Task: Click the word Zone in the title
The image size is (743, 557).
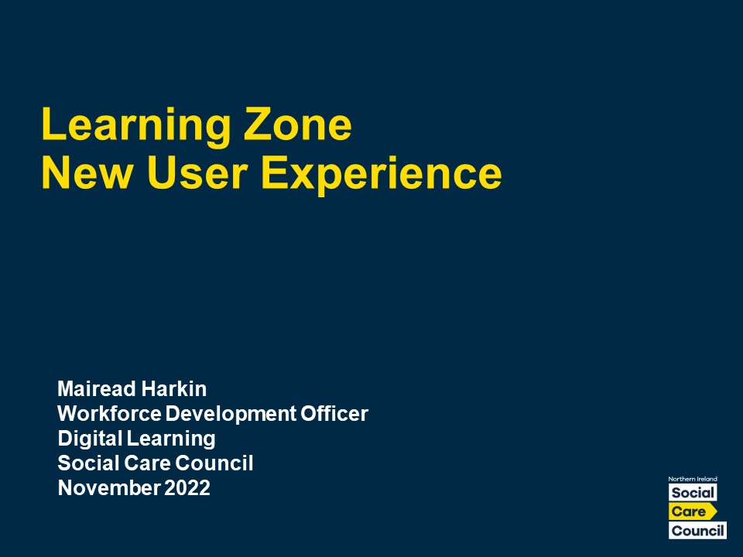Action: [298, 124]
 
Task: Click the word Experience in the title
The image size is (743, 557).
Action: [382, 176]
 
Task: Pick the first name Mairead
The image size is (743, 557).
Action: [96, 389]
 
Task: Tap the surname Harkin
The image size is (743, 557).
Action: [174, 389]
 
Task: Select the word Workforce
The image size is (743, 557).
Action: [109, 413]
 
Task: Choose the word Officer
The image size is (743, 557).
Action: [334, 413]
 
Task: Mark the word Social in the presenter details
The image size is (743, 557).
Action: [88, 463]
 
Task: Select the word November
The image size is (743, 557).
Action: [108, 488]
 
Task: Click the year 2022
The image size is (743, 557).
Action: [187, 488]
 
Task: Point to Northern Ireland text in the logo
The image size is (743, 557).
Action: [692, 479]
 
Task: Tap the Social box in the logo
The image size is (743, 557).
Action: [693, 493]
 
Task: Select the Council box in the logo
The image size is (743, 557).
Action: [697, 531]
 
